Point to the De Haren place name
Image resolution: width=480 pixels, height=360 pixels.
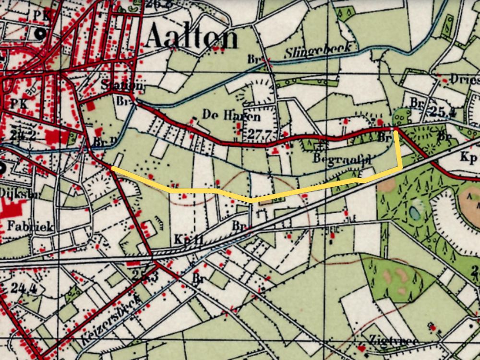click(x=225, y=116)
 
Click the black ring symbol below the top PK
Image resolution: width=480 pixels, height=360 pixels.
click(x=41, y=34)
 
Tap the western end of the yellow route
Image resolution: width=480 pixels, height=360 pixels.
click(x=112, y=168)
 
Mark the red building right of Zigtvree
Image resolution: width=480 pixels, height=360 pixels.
click(x=433, y=328)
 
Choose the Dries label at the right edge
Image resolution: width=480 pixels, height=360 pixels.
click(x=464, y=80)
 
